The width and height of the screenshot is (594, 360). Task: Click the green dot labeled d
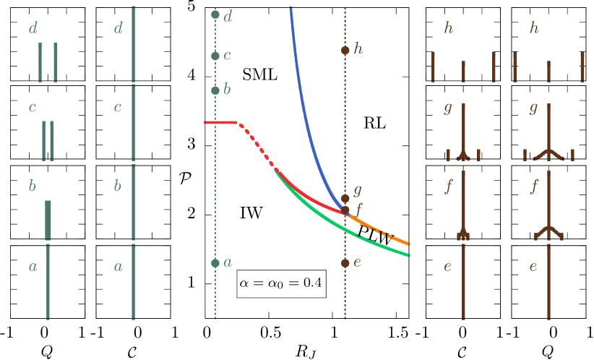(x=215, y=14)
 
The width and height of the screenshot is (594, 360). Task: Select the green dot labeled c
(x=215, y=56)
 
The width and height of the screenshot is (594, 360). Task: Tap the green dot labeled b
(x=215, y=90)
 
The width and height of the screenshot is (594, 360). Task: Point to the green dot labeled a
(x=215, y=263)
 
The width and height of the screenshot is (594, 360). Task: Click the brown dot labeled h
(x=345, y=51)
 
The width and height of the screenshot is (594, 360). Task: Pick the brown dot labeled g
(x=345, y=198)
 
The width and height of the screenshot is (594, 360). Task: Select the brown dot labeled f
(x=345, y=210)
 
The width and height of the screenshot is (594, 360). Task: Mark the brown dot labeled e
(x=345, y=263)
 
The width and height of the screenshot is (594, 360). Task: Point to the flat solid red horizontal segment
(x=220, y=123)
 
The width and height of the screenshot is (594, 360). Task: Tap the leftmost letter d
(x=33, y=29)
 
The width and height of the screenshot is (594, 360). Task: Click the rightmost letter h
(x=534, y=28)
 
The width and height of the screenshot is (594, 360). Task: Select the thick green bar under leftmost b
(x=48, y=220)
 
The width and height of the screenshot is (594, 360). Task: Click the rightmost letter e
(x=533, y=266)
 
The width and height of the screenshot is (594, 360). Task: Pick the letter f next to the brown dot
(x=359, y=207)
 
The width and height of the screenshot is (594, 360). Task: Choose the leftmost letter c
(x=33, y=108)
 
